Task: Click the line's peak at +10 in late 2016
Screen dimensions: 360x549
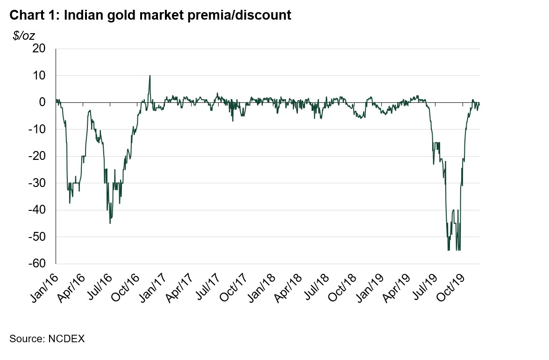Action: click(x=150, y=76)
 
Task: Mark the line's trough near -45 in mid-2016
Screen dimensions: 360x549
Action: click(x=110, y=223)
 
